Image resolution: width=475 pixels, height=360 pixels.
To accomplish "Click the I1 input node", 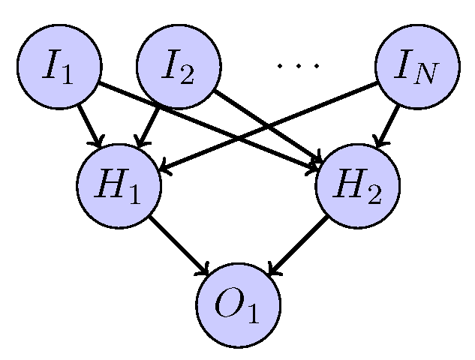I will pyautogui.click(x=59, y=67).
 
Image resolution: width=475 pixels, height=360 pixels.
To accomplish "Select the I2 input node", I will pyautogui.click(x=179, y=67).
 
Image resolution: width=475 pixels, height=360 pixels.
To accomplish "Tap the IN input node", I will pyautogui.click(x=418, y=67).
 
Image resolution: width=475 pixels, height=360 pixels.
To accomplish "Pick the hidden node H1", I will pyautogui.click(x=119, y=185).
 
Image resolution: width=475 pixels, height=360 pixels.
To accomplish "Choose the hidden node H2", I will pyautogui.click(x=358, y=185).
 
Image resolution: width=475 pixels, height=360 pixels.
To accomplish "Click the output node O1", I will pyautogui.click(x=239, y=304).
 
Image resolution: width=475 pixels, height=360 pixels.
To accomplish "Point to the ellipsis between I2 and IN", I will pyautogui.click(x=298, y=66).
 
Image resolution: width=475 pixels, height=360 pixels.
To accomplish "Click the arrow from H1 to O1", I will pyautogui.click(x=179, y=244).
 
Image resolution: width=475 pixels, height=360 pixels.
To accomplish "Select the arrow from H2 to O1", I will pyautogui.click(x=299, y=244).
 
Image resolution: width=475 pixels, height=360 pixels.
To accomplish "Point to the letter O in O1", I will pyautogui.click(x=229, y=303).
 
